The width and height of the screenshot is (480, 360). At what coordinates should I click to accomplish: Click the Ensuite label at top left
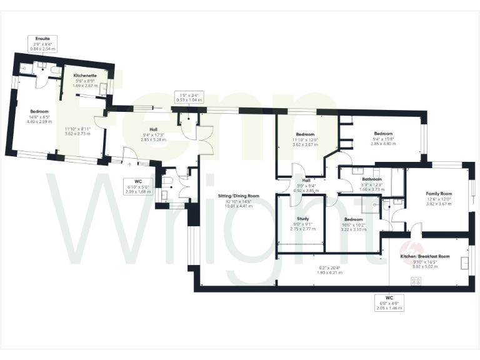[x=43, y=39]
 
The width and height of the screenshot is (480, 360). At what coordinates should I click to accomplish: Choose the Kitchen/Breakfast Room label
[x=425, y=256]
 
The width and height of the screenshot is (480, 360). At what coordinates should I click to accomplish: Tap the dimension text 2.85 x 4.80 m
[x=383, y=144]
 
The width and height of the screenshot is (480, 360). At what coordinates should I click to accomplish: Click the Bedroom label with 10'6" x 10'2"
[x=353, y=219]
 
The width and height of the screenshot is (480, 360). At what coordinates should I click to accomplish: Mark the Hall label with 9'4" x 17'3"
[x=152, y=130]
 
